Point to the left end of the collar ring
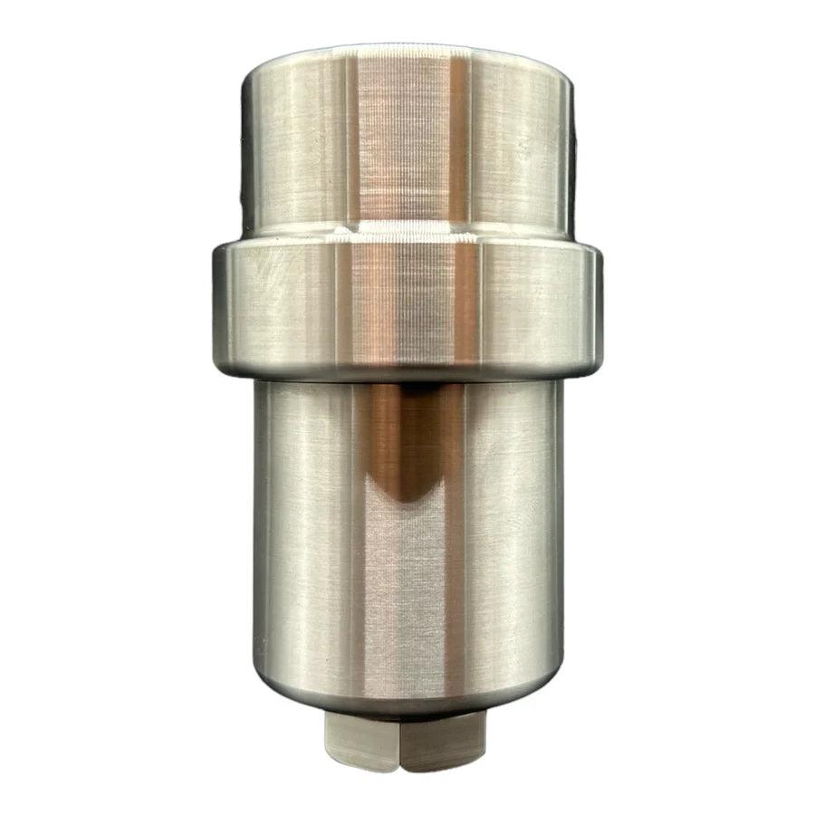[219, 308]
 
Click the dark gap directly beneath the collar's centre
[407, 385]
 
